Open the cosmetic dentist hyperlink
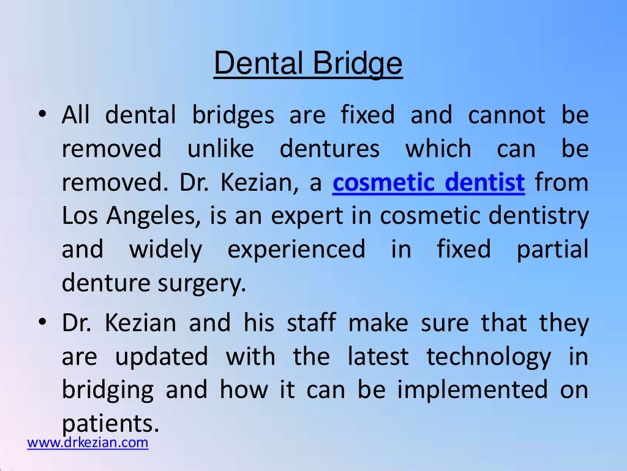[x=429, y=183]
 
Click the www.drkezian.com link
[x=88, y=443]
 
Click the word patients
[x=108, y=423]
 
